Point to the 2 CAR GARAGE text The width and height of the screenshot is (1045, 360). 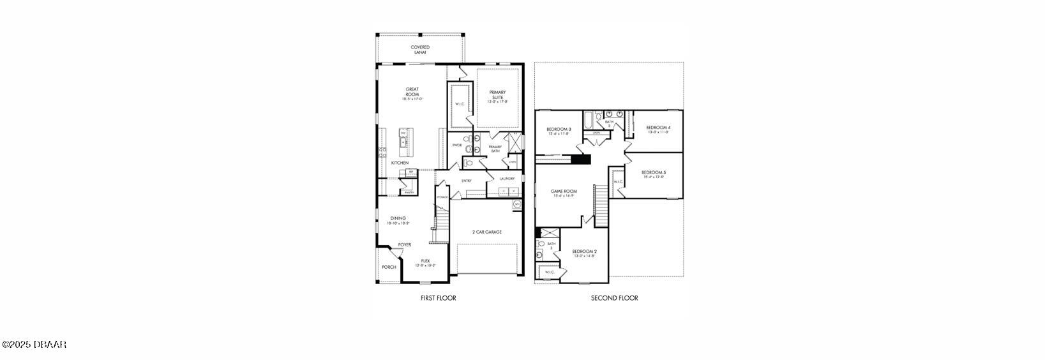pos(486,232)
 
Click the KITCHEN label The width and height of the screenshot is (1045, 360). pos(400,163)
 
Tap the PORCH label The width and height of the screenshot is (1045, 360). pos(389,267)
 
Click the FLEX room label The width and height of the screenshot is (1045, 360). pos(425,262)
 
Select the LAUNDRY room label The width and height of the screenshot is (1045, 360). pos(507,179)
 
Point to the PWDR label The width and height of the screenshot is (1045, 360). pos(456,145)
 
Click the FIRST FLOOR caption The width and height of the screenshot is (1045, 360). pos(438,298)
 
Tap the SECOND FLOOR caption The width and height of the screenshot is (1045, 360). pos(614,298)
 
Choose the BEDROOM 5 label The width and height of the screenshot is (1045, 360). pos(654,174)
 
